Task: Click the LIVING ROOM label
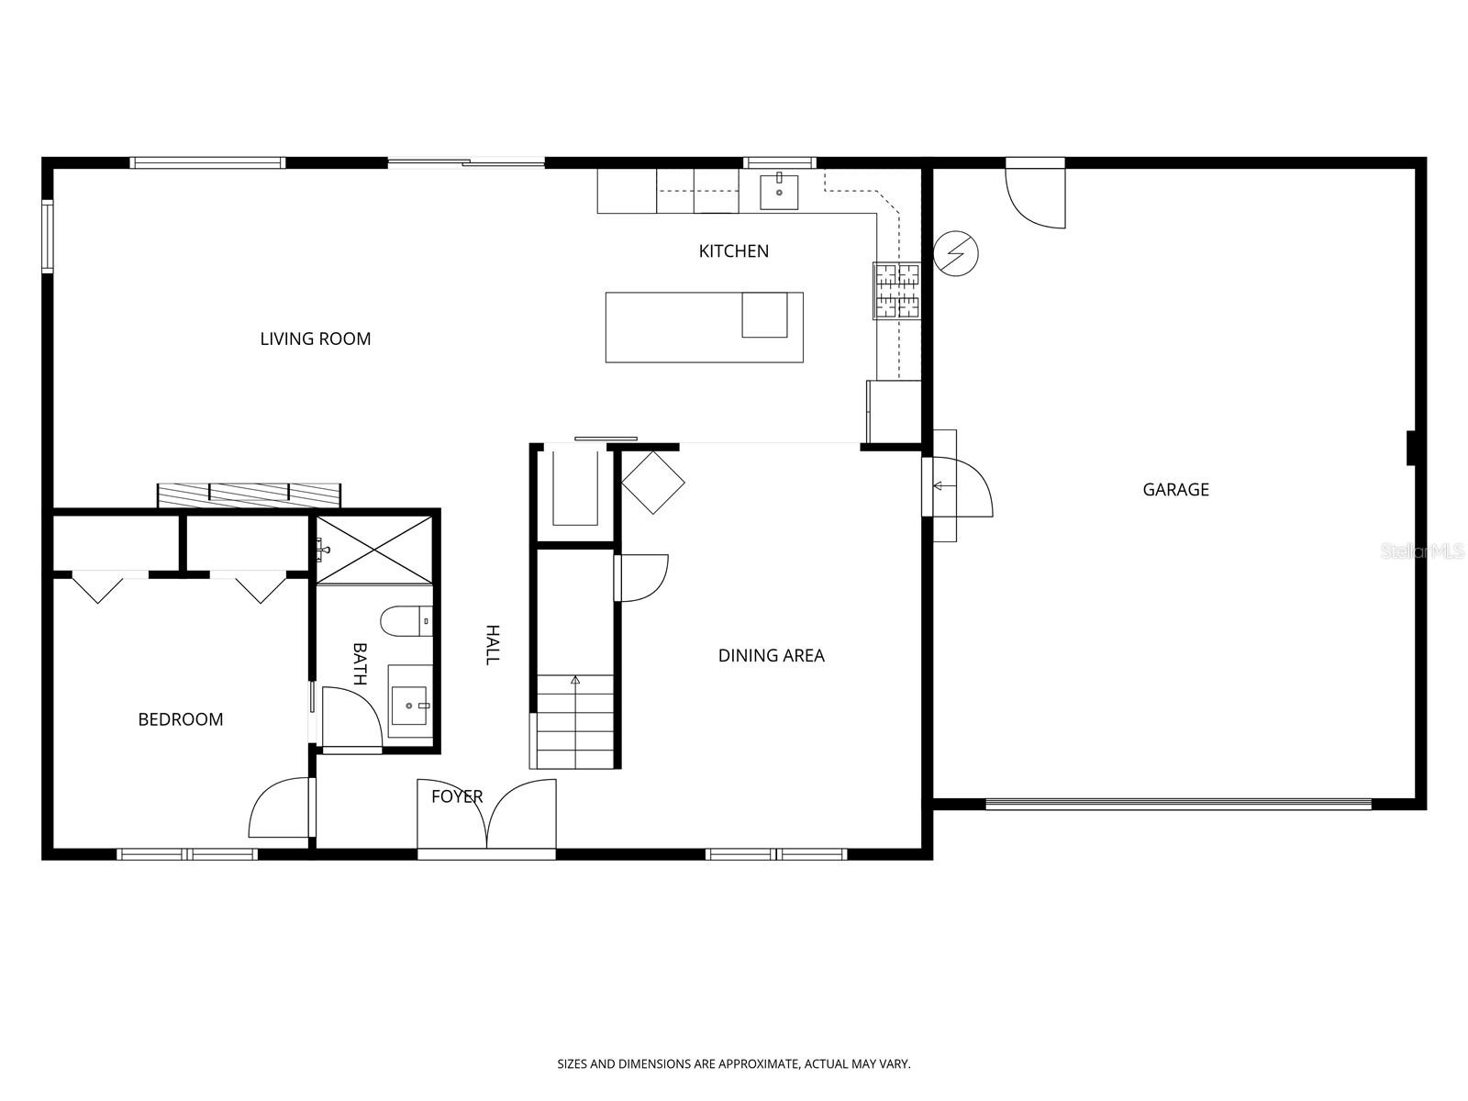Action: [x=315, y=339]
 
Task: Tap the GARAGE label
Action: [x=1175, y=490]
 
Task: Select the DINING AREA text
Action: [x=771, y=656]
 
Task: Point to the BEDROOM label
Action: [x=181, y=719]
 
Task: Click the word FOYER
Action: [x=457, y=796]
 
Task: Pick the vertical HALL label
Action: [x=493, y=645]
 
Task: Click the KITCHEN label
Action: [x=733, y=251]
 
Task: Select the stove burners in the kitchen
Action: [x=896, y=291]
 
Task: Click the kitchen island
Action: [x=704, y=328]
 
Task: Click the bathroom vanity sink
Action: [x=410, y=705]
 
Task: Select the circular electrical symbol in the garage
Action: [x=955, y=252]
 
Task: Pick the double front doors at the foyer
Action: [x=487, y=815]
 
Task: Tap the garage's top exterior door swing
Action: [x=1035, y=195]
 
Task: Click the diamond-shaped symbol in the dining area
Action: [x=653, y=482]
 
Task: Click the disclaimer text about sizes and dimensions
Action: [x=734, y=1064]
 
